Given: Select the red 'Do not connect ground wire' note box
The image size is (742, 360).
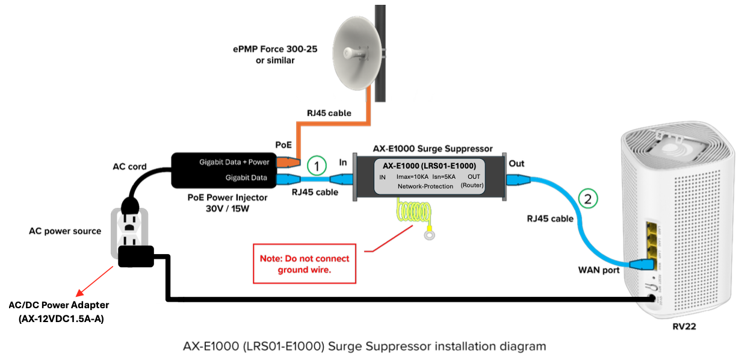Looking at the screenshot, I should coord(305,264).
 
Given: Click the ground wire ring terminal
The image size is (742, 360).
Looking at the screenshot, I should coord(429,234).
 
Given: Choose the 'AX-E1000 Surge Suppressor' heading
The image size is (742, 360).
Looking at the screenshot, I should coord(432,148).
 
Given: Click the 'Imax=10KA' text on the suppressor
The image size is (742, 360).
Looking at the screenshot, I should coord(413,176).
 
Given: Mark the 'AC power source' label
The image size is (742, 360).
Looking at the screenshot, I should coord(65,231).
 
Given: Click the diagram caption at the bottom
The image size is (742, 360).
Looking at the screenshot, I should coord(365,346).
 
